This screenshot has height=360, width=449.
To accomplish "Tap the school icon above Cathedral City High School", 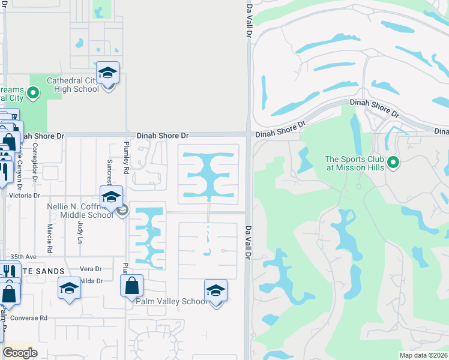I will point(107,73).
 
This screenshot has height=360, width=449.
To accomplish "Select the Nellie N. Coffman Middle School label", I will point(79,211).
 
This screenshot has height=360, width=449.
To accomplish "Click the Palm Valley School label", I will point(171,301).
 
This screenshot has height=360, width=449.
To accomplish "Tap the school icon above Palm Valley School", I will point(215,291).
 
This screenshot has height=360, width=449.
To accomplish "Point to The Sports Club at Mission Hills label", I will point(354,163).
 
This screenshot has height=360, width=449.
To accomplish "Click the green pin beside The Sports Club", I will point(393,162).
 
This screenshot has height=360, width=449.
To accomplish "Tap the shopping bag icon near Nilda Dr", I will point(132,286).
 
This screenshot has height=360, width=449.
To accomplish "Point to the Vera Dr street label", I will point(91,269).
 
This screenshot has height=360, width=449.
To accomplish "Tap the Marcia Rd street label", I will point(50,230).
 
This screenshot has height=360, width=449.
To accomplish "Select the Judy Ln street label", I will point(80,231).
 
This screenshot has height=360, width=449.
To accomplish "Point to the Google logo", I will point(20,353).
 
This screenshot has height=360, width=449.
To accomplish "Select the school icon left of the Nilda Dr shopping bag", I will point(69,289).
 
